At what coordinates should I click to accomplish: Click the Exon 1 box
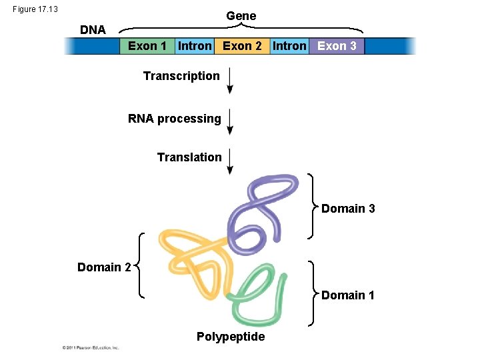click(x=147, y=46)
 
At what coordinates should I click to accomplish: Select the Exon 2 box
click(x=241, y=46)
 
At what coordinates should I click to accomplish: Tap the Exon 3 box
click(x=337, y=46)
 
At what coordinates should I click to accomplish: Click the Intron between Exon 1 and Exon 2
click(x=195, y=46)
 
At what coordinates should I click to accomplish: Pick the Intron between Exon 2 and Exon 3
click(x=289, y=46)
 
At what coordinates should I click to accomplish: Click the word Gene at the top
click(x=241, y=15)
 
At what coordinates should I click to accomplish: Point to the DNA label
click(x=93, y=30)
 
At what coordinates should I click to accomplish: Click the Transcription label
click(x=181, y=76)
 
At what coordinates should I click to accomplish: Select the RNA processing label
click(x=175, y=119)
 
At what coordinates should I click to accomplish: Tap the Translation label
click(x=189, y=157)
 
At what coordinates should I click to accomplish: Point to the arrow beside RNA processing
click(x=230, y=121)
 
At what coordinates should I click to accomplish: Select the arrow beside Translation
click(x=230, y=161)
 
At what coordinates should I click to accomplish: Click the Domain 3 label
click(x=348, y=209)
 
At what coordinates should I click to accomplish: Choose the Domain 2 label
click(x=104, y=267)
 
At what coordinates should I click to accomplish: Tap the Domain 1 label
click(x=348, y=295)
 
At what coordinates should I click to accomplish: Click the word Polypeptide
click(x=231, y=337)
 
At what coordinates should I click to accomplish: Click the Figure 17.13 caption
click(x=35, y=9)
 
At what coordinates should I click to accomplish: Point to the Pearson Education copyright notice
click(x=91, y=347)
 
